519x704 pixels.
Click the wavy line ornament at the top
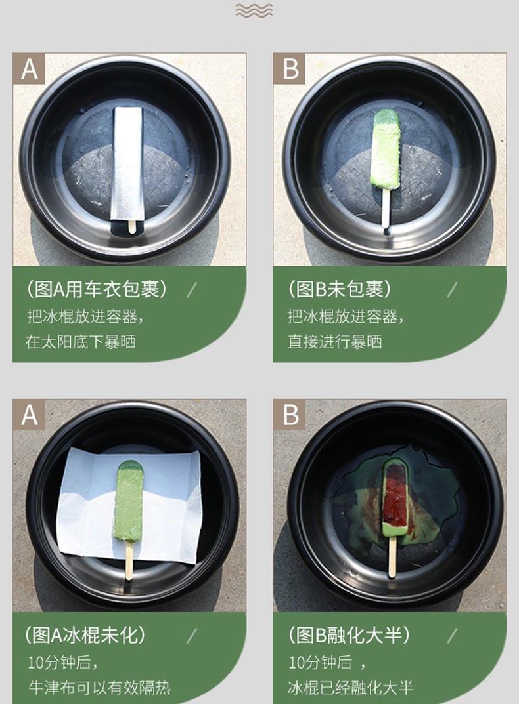pos(254,10)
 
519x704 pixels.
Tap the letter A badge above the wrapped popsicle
pos(29,69)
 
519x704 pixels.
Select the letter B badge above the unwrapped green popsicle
pos(289,69)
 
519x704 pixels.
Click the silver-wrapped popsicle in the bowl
pos(127,164)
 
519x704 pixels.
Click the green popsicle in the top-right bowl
pos(386,149)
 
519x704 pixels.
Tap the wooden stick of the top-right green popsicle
pos(386,209)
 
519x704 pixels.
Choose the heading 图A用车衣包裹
pos(96,289)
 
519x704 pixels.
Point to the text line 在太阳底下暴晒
pos(81,342)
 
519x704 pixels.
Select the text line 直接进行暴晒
pos(334,342)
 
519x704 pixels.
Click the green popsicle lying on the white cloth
pos(129,501)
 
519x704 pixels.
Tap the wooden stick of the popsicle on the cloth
pos(129,560)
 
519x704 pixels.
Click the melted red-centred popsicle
pos(395,497)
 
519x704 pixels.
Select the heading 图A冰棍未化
pos(85,635)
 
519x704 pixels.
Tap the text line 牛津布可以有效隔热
pos(99,688)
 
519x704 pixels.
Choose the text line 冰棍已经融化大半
pos(350,688)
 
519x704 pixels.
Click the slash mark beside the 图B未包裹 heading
pos(453,289)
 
